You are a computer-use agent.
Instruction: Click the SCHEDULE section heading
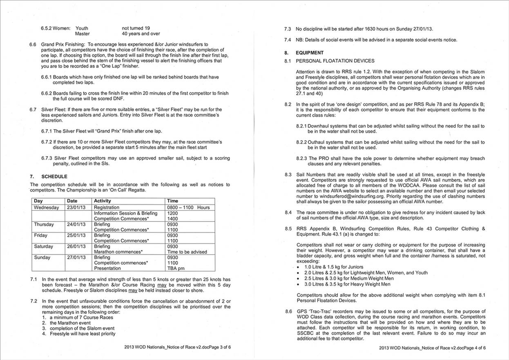54,177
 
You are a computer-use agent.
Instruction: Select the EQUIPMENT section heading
310,53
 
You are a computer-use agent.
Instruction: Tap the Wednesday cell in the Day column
46,207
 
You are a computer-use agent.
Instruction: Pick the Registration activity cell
107,207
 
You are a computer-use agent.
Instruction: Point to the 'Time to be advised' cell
187,252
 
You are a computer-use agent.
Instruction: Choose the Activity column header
103,201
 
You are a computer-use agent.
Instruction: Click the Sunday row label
42,257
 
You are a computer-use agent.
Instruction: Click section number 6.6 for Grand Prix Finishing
33,44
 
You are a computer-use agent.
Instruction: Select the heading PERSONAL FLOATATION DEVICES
335,61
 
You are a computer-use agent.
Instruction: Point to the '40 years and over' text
141,34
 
